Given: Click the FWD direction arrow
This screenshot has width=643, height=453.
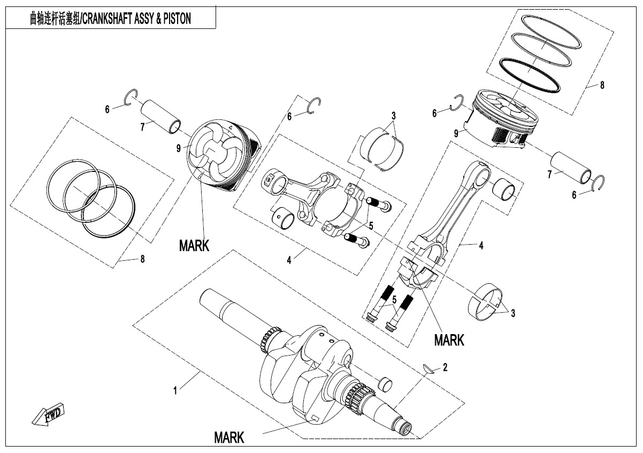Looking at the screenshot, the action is point(48,414).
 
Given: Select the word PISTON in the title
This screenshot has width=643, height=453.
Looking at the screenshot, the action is point(177,19).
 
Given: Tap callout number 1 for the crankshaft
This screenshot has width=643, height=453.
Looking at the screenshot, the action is point(175,391).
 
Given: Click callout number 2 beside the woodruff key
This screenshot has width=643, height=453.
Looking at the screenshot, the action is point(445,367).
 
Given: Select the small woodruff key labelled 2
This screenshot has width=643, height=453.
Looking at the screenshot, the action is point(428,369).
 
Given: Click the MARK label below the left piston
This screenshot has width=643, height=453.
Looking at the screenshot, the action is point(194,246).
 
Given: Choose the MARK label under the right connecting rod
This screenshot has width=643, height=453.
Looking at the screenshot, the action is point(449,341).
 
